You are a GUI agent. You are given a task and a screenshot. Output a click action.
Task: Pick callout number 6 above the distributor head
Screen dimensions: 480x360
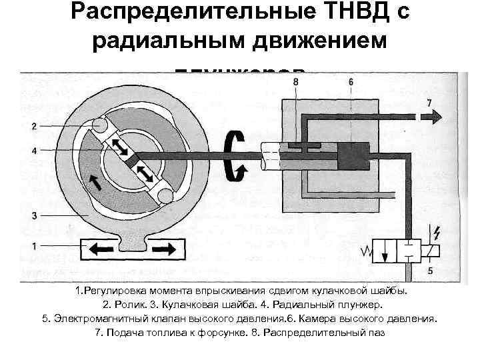(350, 81)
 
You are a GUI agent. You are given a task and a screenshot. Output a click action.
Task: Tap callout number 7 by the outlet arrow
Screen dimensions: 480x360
(429, 102)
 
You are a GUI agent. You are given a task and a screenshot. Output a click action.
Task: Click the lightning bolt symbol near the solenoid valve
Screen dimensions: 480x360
(437, 233)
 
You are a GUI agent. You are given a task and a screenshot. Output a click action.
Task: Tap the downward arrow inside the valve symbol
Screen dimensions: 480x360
(385, 255)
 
